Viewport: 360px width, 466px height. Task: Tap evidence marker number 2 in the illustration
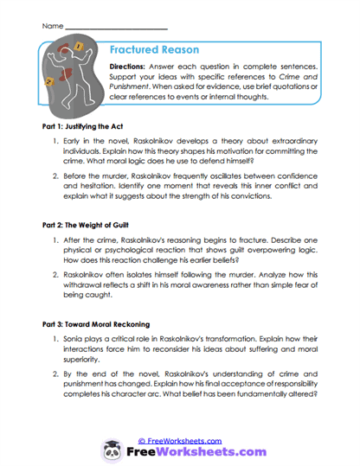pyautogui.click(x=49, y=82)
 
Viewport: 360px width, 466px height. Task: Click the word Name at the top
pyautogui.click(x=51, y=26)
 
